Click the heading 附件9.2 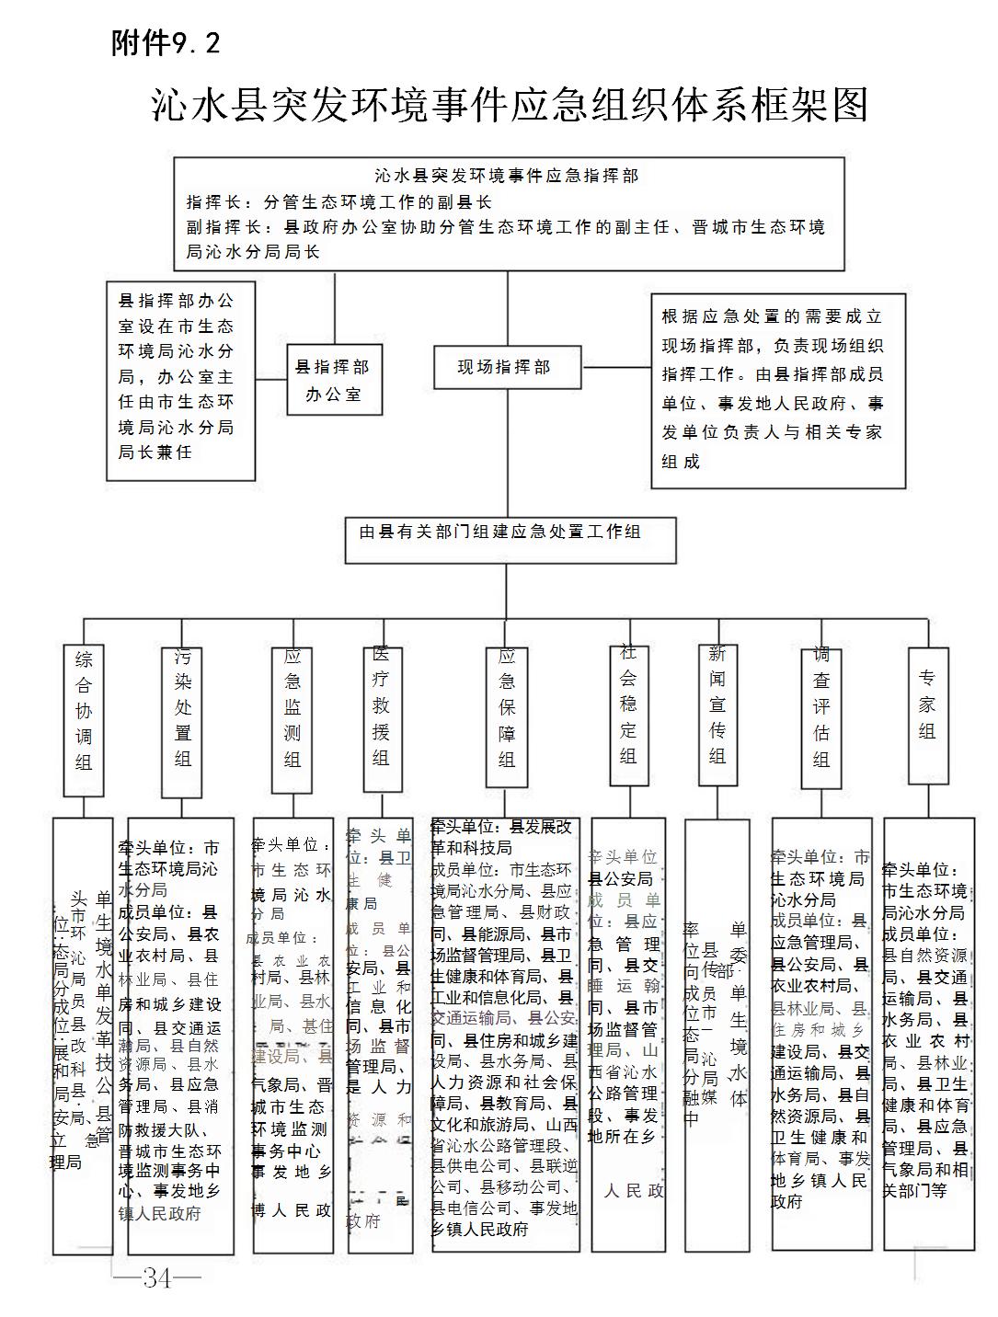click(x=166, y=42)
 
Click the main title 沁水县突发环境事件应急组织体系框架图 click(x=510, y=105)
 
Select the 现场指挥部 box click(x=506, y=368)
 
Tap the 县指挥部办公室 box click(x=333, y=380)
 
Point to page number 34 click(x=157, y=1277)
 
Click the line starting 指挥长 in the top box click(x=339, y=202)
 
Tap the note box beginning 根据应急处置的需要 click(x=778, y=390)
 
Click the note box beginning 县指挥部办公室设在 click(x=180, y=381)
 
